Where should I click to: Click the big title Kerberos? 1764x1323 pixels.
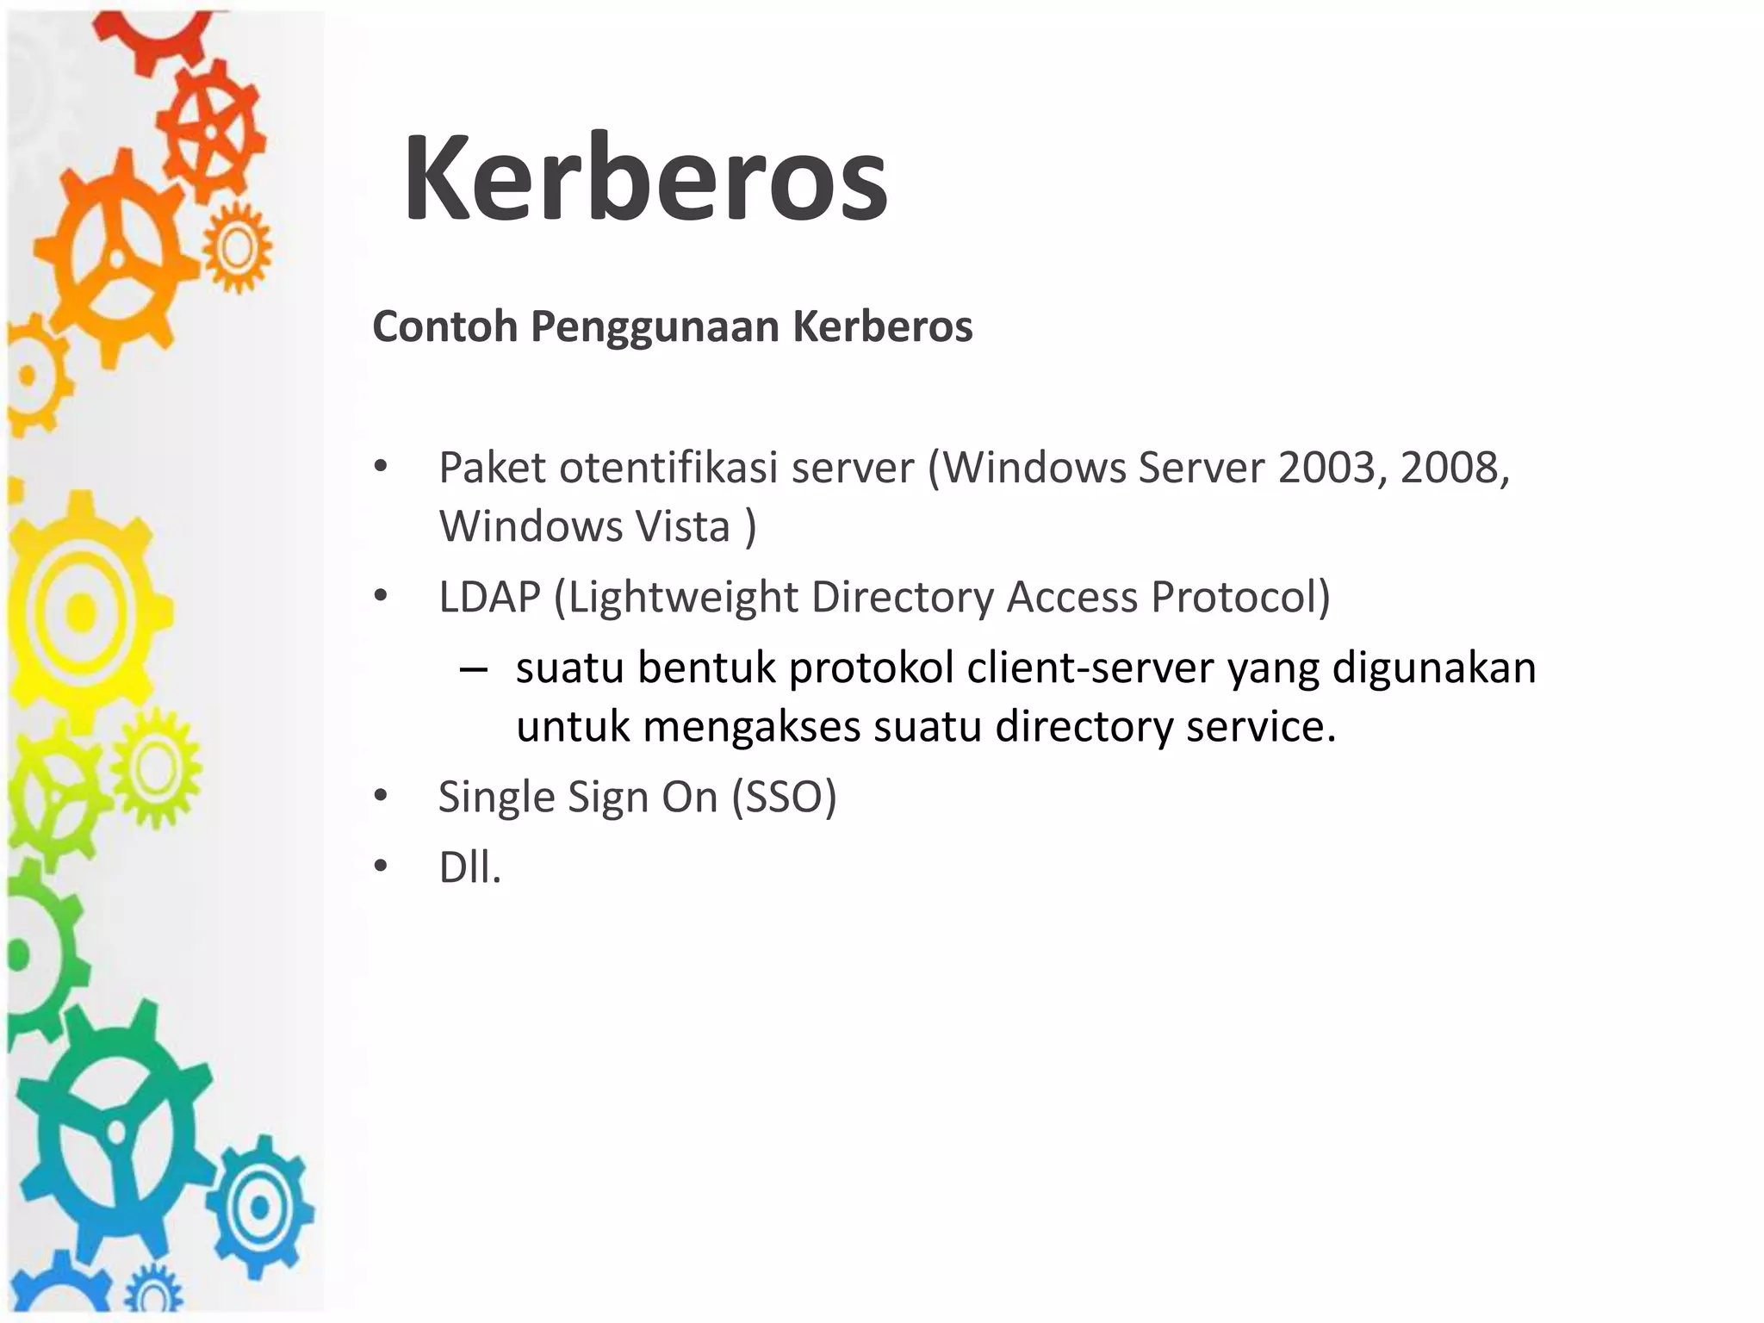click(645, 178)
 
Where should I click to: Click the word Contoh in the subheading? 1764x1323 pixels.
click(444, 326)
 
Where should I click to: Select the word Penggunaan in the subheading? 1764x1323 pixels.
click(655, 327)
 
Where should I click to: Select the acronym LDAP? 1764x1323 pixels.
click(489, 597)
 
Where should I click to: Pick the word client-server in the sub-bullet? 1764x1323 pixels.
click(1090, 668)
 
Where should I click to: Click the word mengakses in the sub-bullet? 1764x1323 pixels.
click(752, 727)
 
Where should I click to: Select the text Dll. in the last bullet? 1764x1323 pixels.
click(469, 867)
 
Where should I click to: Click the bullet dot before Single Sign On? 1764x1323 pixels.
click(381, 796)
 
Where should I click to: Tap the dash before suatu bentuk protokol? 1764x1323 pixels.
click(474, 670)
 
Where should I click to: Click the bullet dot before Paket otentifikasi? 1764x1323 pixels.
click(381, 468)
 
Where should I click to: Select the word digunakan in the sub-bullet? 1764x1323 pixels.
click(1434, 668)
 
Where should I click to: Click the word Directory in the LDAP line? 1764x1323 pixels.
click(902, 597)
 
